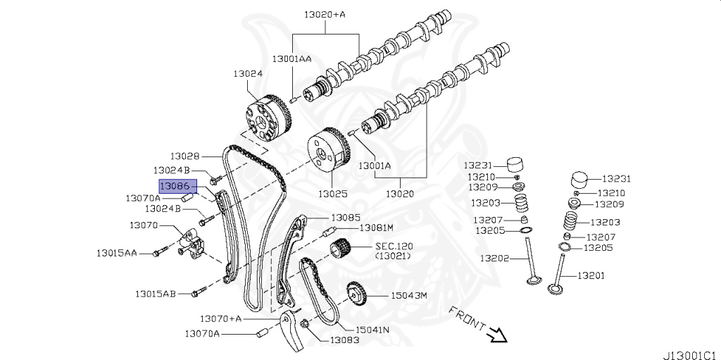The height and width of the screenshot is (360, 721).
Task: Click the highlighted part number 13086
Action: (176, 186)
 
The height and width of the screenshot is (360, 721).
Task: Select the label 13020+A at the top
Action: (326, 13)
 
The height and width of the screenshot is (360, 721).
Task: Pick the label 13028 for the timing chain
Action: (184, 156)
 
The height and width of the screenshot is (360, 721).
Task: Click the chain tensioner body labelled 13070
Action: (189, 242)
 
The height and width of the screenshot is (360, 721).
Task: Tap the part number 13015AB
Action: (156, 293)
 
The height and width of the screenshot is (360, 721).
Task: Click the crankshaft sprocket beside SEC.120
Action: (341, 250)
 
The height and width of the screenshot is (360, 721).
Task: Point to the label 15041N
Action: (373, 329)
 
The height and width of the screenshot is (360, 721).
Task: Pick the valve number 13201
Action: (591, 275)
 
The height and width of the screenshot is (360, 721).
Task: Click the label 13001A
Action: (374, 166)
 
